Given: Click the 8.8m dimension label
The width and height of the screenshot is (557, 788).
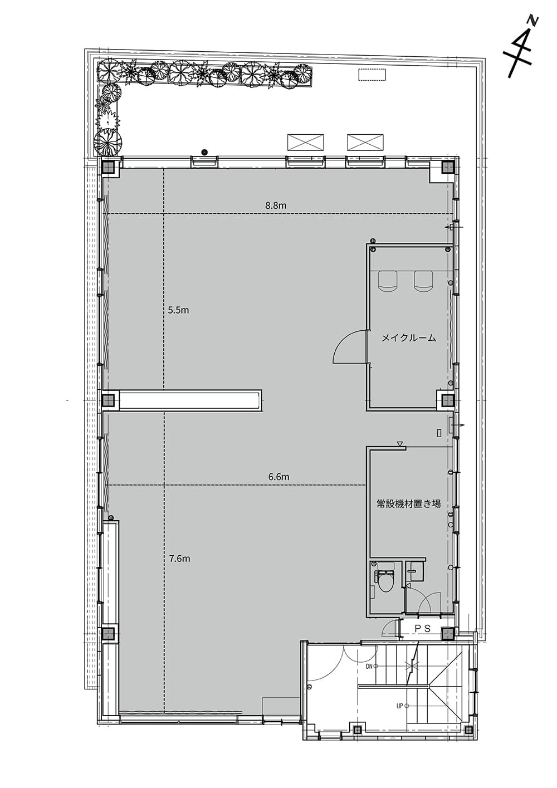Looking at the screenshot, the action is coord(276,205).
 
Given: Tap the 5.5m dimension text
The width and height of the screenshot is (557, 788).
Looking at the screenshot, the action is coord(178,310).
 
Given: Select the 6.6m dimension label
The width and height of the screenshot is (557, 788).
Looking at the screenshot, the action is coord(278,477).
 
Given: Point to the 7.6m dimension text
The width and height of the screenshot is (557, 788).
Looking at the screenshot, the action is coord(179,559).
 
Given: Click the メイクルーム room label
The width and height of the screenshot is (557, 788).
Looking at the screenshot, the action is coord(409,339).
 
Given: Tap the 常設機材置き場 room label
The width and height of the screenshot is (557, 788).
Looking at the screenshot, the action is coord(408,504).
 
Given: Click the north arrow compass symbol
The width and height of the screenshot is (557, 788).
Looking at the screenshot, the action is coord(520,48).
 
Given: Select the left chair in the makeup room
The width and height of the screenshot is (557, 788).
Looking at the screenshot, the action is coord(388,280).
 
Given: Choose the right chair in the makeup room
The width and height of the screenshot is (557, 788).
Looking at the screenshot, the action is coord(424,280).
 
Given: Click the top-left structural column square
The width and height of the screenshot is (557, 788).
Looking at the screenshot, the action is coord(109,167).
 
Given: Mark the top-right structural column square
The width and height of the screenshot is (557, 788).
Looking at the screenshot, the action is coord(448,167).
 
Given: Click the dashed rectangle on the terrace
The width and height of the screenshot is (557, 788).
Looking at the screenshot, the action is coord(372,75).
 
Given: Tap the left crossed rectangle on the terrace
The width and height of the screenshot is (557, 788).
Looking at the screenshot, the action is coord(305,142).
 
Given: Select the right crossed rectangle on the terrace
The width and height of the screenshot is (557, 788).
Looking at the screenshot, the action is coord(365,142).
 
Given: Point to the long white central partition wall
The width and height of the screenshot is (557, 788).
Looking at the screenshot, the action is coord(190,400).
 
